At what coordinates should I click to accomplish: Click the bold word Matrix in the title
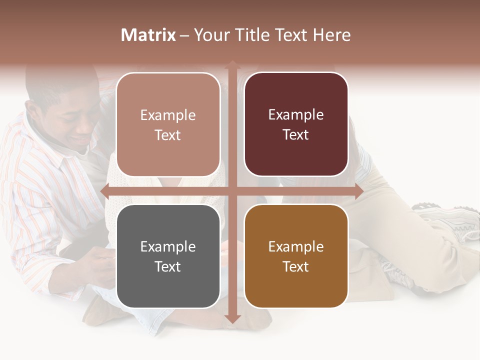(x=148, y=35)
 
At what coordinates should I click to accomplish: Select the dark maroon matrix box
(x=296, y=124)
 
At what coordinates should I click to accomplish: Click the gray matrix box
(x=168, y=256)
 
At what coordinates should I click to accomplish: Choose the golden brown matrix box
(x=296, y=256)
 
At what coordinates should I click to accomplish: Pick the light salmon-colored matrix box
(x=168, y=124)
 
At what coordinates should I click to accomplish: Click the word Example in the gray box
(x=168, y=246)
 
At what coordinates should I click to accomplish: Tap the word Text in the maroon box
(x=296, y=134)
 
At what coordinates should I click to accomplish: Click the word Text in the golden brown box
(x=296, y=266)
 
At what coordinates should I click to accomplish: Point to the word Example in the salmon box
(x=168, y=115)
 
